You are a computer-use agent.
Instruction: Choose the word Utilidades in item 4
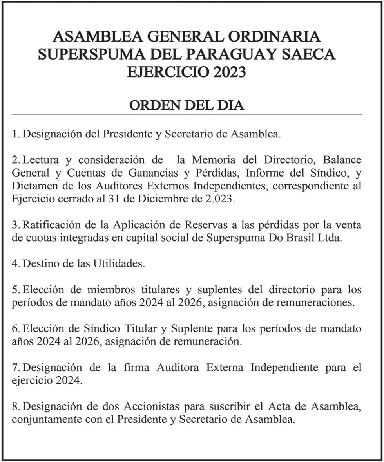tap(119, 264)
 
